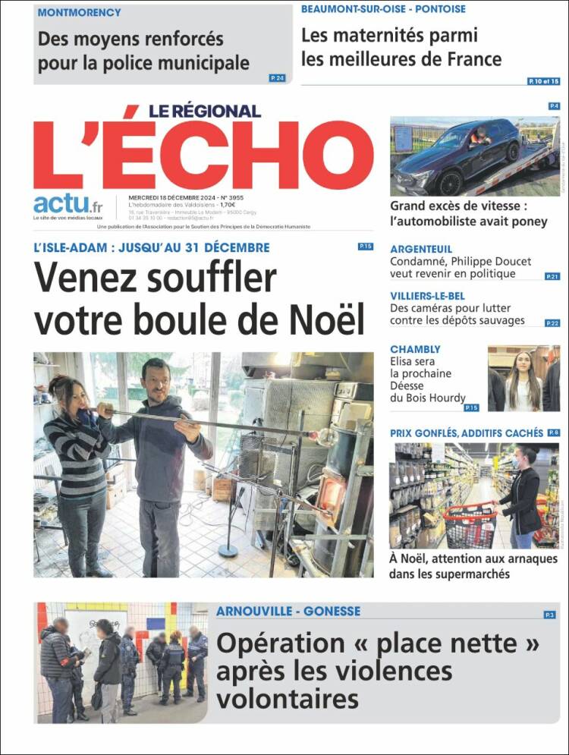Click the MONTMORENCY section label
click(x=79, y=13)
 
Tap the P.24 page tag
click(x=277, y=78)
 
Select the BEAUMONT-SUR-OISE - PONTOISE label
click(x=383, y=9)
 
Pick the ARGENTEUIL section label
click(x=421, y=249)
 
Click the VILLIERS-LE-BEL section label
click(x=427, y=296)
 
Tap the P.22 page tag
click(x=552, y=323)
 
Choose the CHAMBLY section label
click(x=415, y=349)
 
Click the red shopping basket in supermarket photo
click(x=470, y=523)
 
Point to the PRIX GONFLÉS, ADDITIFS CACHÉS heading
click(x=466, y=433)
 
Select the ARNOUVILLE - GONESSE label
click(x=288, y=611)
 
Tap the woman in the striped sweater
click(x=76, y=463)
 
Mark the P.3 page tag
click(x=550, y=615)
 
